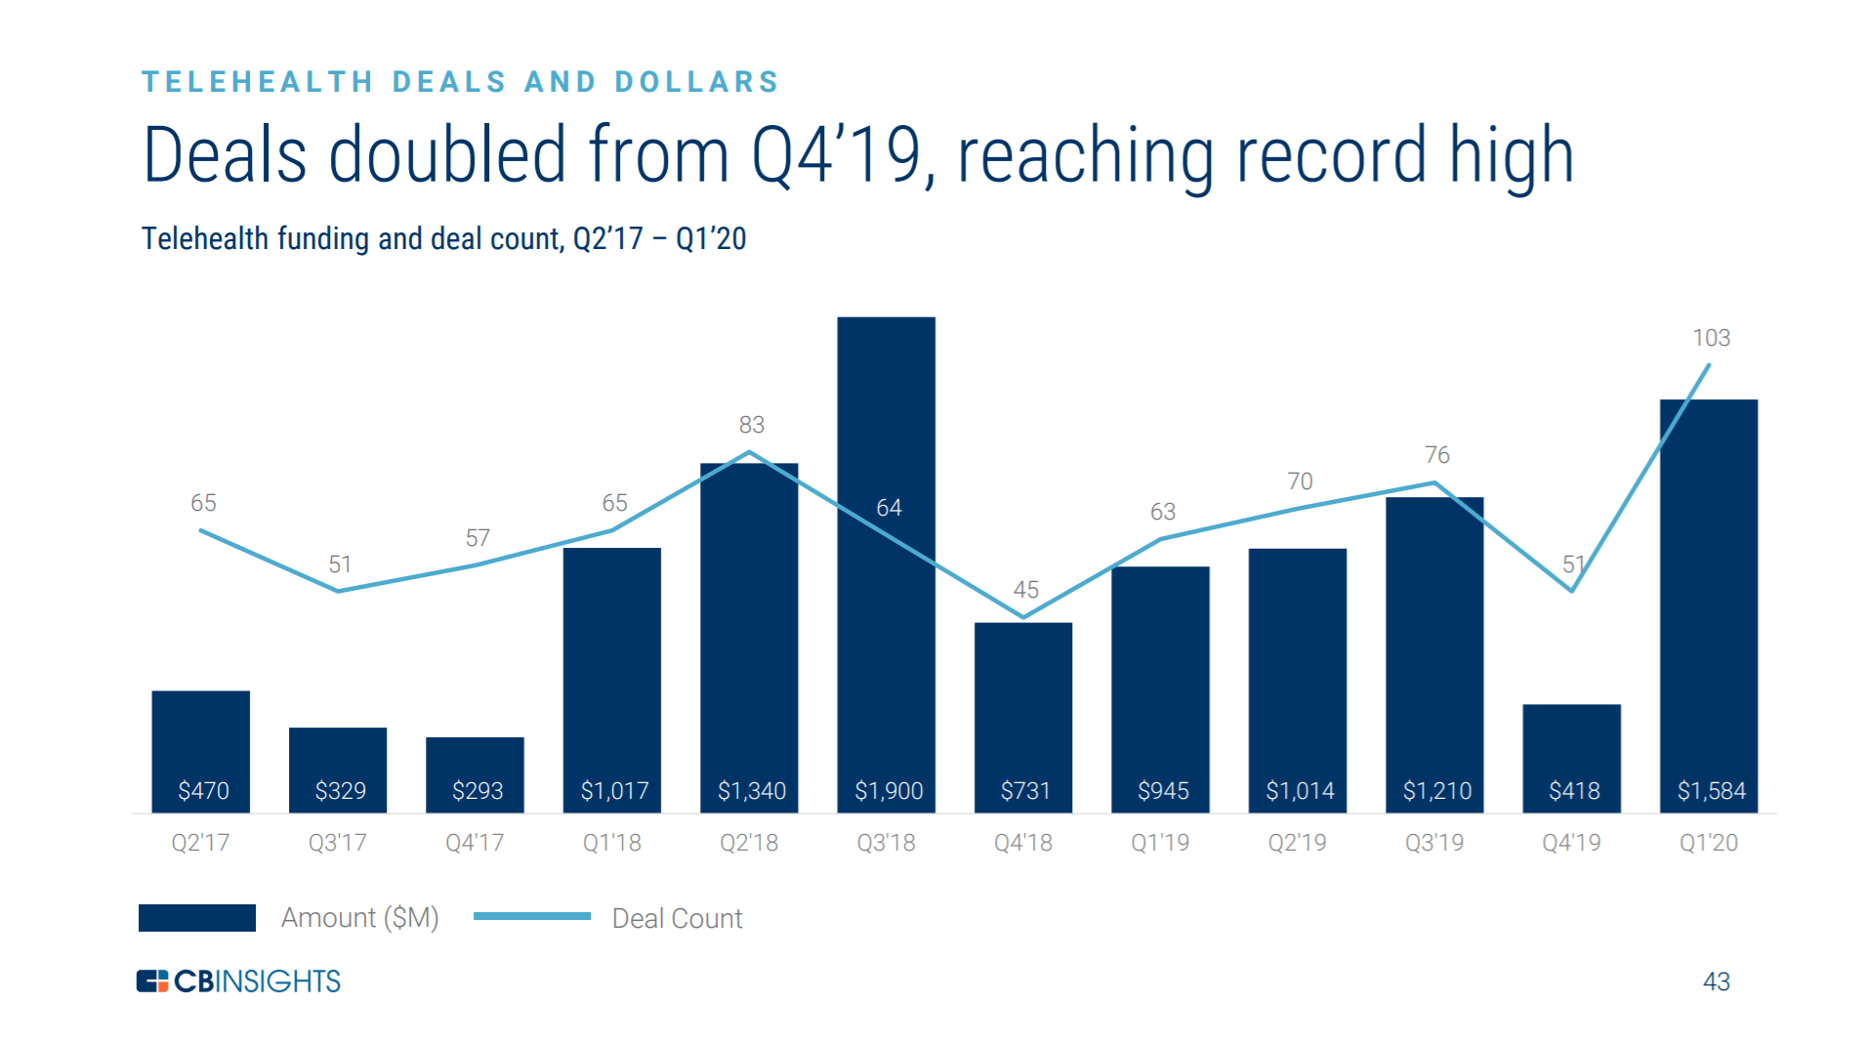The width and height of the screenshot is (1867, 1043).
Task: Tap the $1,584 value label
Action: click(1711, 790)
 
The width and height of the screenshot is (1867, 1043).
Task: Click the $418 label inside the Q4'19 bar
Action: click(1573, 790)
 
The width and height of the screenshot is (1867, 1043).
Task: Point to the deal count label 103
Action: click(1711, 338)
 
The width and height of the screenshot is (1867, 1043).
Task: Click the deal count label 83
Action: click(751, 425)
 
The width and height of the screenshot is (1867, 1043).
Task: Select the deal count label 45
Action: click(1025, 590)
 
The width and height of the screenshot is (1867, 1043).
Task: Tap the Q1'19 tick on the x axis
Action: click(1160, 842)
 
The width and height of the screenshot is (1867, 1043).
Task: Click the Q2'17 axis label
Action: click(200, 842)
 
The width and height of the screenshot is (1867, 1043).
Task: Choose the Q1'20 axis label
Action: click(1708, 842)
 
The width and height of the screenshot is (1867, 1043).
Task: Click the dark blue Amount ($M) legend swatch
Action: click(197, 918)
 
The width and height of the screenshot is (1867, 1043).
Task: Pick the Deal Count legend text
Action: click(677, 918)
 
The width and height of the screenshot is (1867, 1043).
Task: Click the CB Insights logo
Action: click(238, 980)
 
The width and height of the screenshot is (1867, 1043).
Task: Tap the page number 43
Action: click(1716, 981)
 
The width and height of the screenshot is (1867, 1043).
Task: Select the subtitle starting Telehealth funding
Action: click(443, 239)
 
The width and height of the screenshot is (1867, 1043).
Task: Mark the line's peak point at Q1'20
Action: click(1708, 365)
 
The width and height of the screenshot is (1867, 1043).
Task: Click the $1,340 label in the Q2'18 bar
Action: click(751, 790)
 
